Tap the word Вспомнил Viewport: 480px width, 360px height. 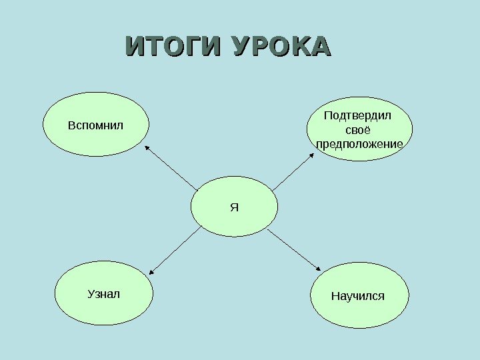(96, 125)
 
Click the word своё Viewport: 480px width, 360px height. (359, 130)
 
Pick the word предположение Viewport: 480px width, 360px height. (359, 144)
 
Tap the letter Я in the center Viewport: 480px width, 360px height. (233, 207)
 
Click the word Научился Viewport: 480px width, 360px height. (359, 295)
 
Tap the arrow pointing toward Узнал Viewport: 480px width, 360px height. (175, 251)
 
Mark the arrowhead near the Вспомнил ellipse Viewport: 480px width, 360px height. (146, 147)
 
